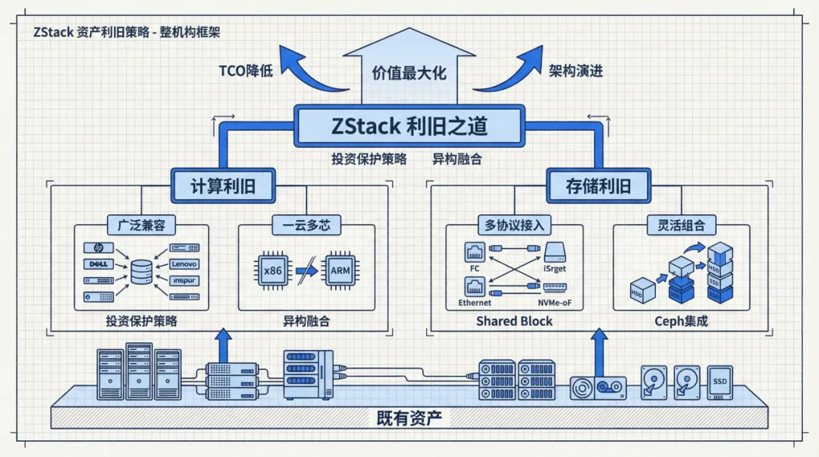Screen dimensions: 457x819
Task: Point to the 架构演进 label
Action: [576, 71]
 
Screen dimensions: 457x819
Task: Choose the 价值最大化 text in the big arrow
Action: [409, 73]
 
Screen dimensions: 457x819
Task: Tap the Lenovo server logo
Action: [184, 264]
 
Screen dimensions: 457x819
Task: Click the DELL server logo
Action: [97, 264]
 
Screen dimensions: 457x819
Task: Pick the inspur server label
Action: [184, 280]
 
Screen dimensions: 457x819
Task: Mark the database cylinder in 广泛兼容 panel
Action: [141, 272]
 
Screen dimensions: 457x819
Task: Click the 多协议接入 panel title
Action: [514, 225]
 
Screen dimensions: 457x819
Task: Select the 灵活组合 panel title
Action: [681, 225]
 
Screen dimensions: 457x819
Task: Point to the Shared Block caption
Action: [514, 321]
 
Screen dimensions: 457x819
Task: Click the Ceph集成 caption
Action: [681, 321]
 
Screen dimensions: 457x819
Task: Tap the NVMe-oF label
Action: [556, 303]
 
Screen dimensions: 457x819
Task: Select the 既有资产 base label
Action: [409, 418]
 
